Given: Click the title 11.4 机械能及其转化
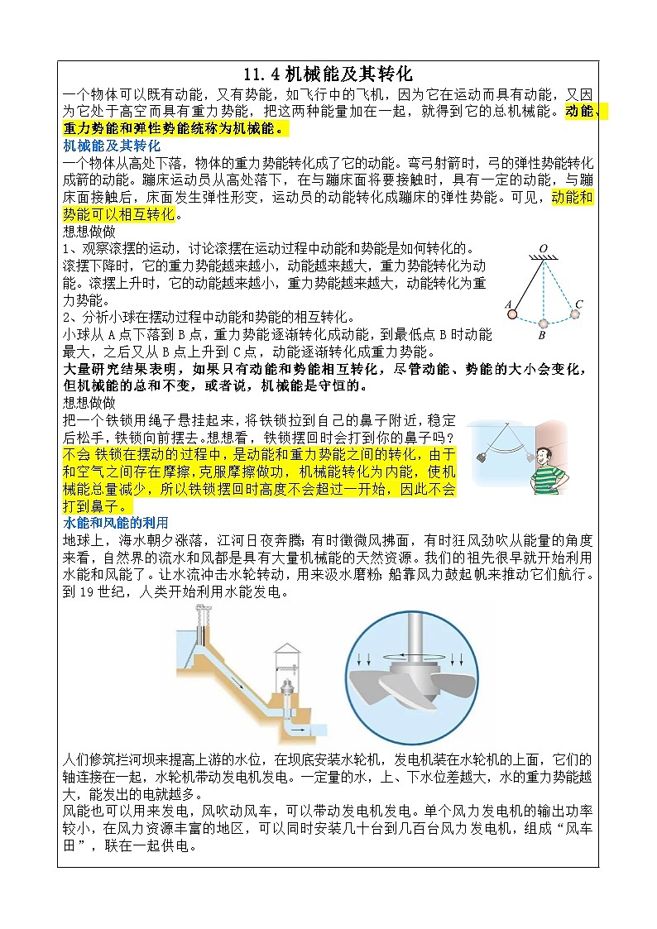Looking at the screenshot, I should point(328,74).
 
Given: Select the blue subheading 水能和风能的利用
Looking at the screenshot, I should point(116,523).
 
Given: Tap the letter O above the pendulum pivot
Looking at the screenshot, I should point(543,248).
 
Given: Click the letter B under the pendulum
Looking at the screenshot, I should point(541,337).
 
